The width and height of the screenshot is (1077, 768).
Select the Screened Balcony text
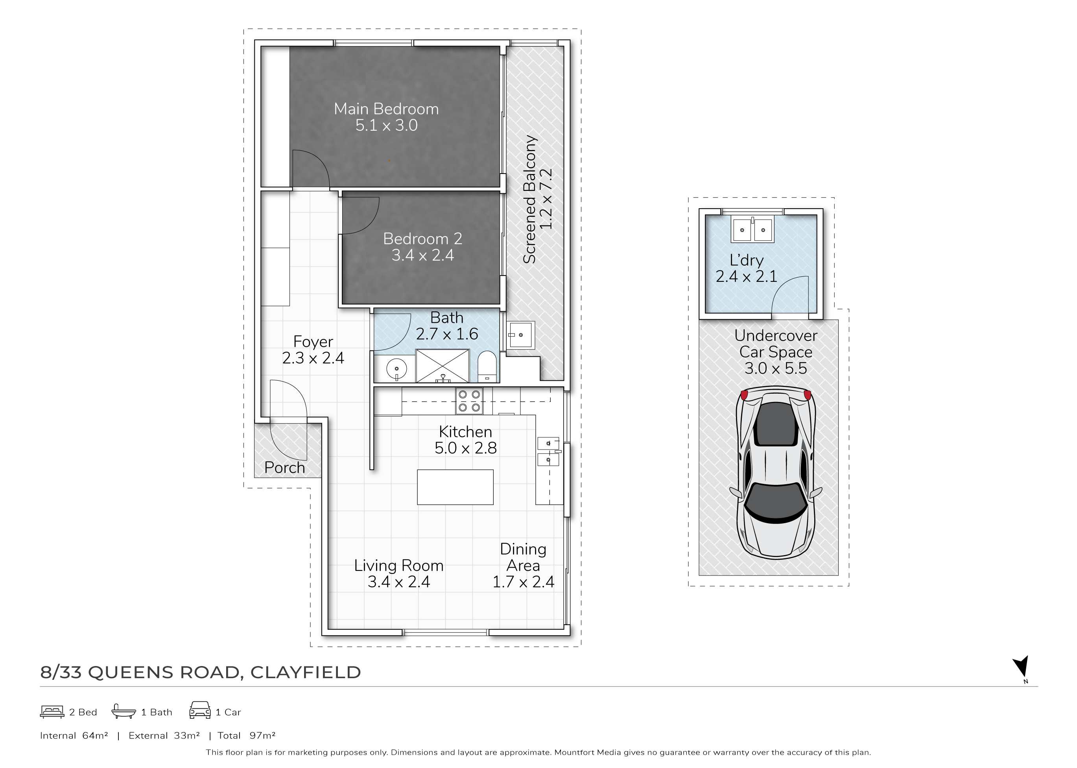529,199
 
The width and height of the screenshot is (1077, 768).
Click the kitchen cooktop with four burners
469,401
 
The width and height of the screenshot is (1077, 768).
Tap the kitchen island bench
455,487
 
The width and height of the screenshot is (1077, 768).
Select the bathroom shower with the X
443,366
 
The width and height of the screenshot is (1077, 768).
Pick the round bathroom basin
396,368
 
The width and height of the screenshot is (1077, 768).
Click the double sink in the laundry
752,229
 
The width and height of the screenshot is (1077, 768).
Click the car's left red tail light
744,395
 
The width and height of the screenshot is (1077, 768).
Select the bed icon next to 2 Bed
52,712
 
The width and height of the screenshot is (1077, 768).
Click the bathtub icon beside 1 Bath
124,711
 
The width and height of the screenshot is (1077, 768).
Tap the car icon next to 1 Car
200,710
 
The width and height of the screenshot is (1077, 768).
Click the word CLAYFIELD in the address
305,672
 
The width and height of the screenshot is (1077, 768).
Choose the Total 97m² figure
246,735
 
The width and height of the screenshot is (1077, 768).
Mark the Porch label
284,467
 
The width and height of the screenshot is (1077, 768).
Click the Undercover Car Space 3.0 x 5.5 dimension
776,368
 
